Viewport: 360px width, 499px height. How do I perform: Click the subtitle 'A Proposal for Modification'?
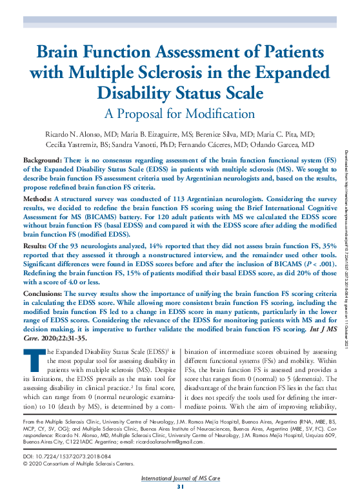tap(179, 113)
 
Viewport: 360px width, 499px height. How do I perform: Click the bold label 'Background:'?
tap(43, 159)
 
